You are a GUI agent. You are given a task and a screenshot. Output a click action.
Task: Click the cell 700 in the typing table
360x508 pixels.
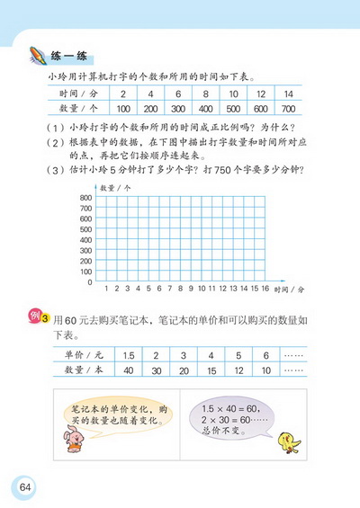287,108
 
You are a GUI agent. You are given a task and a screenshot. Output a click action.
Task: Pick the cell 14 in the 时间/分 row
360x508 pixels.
287,94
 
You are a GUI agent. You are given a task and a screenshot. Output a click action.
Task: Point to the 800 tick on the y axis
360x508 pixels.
86,197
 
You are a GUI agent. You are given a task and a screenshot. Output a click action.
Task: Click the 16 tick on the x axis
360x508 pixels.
266,289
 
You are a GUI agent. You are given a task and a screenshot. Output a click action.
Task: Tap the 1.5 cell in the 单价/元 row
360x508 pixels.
129,355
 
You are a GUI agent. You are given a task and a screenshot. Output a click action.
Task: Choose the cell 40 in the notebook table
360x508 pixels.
129,370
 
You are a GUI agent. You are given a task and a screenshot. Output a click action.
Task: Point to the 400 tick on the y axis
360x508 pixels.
86,239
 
